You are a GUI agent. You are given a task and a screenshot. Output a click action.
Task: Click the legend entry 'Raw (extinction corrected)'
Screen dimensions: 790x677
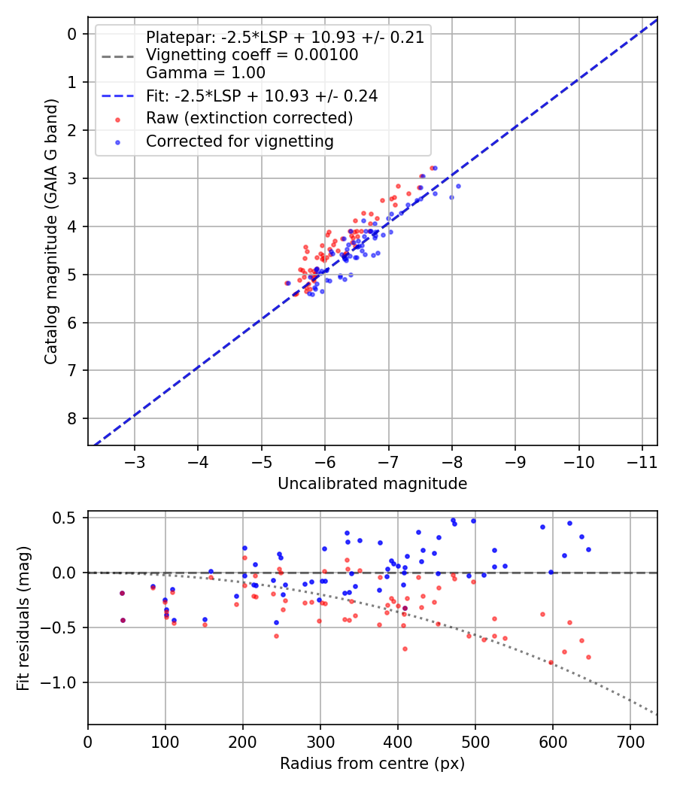click(x=249, y=118)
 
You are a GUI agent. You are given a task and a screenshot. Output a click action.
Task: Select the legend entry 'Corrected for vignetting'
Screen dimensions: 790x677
click(x=239, y=141)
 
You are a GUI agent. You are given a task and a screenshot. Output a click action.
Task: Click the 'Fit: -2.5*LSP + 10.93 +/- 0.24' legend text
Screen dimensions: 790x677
click(x=262, y=96)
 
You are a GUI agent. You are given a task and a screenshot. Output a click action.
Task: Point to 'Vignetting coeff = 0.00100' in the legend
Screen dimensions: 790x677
click(x=252, y=55)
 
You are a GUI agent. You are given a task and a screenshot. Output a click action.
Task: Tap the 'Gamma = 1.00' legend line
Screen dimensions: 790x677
click(x=205, y=73)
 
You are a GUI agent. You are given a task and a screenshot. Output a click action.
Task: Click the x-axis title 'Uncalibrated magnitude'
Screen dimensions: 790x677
click(x=372, y=484)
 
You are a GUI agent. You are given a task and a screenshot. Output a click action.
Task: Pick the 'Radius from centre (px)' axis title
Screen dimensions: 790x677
click(x=372, y=764)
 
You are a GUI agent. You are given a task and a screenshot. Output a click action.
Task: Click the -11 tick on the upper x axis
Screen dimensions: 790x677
click(x=642, y=460)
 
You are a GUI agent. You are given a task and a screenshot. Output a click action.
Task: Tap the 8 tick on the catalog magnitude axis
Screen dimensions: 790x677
click(x=72, y=418)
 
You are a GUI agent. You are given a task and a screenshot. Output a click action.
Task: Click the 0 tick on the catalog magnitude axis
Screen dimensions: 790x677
click(x=72, y=34)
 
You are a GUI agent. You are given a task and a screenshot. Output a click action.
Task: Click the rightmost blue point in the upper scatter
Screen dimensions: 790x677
click(x=458, y=186)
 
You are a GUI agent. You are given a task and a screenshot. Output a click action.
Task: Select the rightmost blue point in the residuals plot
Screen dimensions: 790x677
click(x=588, y=549)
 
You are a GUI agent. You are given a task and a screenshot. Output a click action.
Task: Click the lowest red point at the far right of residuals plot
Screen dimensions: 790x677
click(x=588, y=657)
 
